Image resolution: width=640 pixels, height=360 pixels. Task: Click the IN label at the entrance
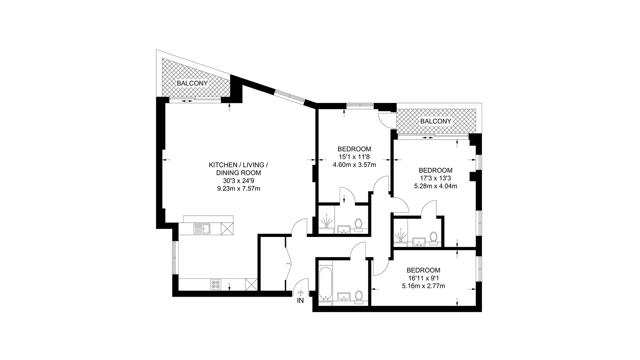301,301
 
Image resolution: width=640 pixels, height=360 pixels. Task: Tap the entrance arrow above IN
301,293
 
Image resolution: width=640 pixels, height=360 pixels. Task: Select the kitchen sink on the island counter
201,229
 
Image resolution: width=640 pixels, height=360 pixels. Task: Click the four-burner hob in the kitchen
216,284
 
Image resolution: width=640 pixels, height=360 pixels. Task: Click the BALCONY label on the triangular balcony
192,83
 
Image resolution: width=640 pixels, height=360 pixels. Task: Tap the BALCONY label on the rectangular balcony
436,121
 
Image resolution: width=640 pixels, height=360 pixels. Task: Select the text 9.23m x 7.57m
239,189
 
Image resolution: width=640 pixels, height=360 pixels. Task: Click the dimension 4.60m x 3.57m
354,165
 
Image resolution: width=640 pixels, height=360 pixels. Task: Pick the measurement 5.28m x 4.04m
436,186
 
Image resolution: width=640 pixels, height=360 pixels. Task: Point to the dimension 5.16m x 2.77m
423,286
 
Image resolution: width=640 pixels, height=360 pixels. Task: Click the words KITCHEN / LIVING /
239,165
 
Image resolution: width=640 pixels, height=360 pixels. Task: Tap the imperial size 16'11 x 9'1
424,278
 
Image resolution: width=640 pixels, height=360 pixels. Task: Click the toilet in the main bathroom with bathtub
359,297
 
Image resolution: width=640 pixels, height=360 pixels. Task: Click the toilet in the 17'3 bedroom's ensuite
433,238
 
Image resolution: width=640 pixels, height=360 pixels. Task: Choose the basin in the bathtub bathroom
343,296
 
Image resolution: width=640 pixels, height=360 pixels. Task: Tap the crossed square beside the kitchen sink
227,229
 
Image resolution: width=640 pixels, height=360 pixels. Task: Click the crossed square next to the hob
251,284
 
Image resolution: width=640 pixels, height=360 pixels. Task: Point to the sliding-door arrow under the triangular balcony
187,101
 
